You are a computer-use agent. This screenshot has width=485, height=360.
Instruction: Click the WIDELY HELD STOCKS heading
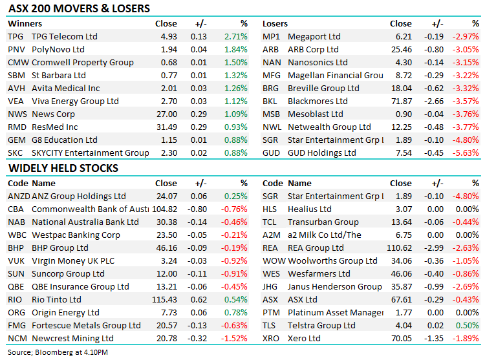pyautogui.click(x=63, y=168)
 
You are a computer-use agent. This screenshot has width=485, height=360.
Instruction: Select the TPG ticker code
pyautogui.click(x=16, y=36)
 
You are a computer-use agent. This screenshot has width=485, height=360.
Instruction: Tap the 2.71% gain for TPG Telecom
pyautogui.click(x=236, y=36)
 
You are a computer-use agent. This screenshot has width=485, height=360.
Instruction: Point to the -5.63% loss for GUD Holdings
pyautogui.click(x=466, y=153)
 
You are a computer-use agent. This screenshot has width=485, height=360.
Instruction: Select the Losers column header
pyautogui.click(x=275, y=23)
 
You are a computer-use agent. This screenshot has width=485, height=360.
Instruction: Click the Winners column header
pyautogui.click(x=24, y=23)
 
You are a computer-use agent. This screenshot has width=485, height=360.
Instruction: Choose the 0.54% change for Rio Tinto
pyautogui.click(x=236, y=299)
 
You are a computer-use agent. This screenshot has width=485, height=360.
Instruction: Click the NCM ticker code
pyautogui.click(x=17, y=338)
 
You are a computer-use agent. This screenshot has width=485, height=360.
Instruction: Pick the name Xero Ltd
pyautogui.click(x=304, y=338)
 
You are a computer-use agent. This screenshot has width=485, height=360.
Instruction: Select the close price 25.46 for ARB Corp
pyautogui.click(x=401, y=49)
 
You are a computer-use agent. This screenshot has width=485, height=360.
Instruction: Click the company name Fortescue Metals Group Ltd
pyautogui.click(x=86, y=325)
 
